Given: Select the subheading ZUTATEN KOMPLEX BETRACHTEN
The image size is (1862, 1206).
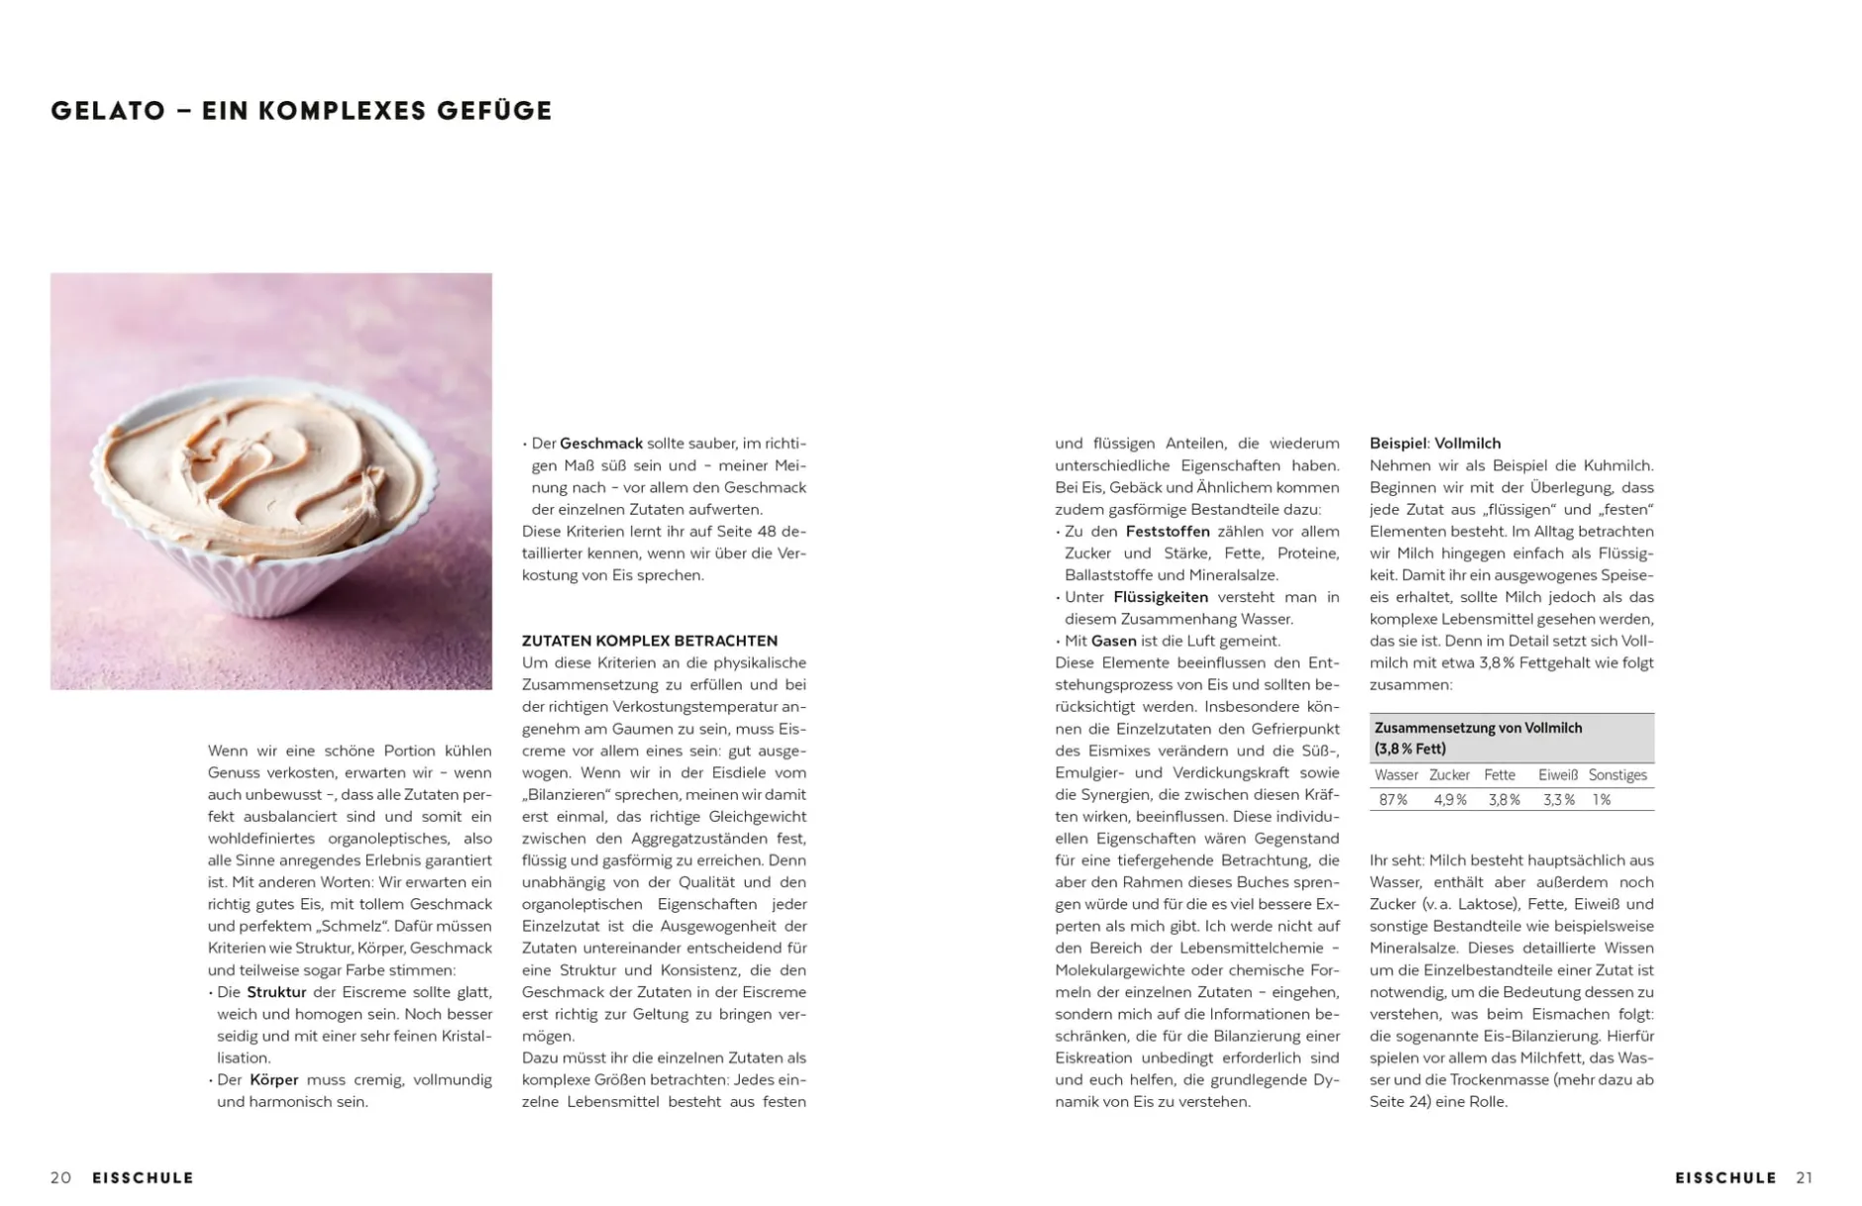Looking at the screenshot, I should (650, 641).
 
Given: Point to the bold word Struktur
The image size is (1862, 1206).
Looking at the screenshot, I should (276, 992).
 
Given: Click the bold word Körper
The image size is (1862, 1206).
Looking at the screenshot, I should (273, 1079).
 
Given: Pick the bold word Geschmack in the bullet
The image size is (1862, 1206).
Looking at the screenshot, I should (601, 444).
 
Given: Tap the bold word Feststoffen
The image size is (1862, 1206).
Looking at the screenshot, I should (1168, 532).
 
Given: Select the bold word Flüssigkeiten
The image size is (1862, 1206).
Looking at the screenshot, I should (1161, 597).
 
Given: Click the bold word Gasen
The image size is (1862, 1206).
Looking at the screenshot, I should (1113, 641).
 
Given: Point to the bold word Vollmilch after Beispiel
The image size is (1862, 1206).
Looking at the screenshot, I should (1468, 444).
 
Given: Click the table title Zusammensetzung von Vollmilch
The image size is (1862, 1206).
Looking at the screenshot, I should (1478, 728).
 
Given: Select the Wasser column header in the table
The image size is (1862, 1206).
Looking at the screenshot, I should (1396, 775).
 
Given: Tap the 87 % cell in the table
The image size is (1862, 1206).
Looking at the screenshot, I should (1393, 800).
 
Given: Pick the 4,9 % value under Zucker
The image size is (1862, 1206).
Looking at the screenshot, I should (1450, 800).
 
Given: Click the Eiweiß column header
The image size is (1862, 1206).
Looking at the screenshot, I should (1558, 775).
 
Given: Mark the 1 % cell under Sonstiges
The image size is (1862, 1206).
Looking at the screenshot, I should (1602, 800).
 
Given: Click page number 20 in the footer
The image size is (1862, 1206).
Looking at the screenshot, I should (61, 1177).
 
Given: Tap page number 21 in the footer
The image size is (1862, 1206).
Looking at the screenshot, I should (1804, 1177).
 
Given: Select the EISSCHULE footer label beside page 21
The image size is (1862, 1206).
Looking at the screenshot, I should (1725, 1177).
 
